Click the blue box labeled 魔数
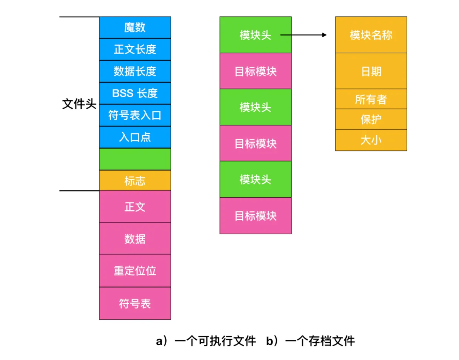tap(135, 27)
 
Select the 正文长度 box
tap(135, 49)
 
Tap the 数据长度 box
tap(135, 71)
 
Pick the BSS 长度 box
tap(135, 93)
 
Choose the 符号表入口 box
tap(135, 115)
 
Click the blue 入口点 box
tap(135, 137)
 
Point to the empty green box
tap(135, 159)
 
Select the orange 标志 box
tap(135, 181)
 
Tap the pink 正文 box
tap(135, 207)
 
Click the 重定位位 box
tap(135, 271)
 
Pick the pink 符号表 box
tap(135, 303)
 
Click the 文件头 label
tap(79, 104)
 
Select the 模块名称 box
tap(371, 35)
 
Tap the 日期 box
tap(371, 71)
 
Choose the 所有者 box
tap(371, 99)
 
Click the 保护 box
tap(371, 119)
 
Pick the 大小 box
tap(371, 140)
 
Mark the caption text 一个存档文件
tap(320, 341)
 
